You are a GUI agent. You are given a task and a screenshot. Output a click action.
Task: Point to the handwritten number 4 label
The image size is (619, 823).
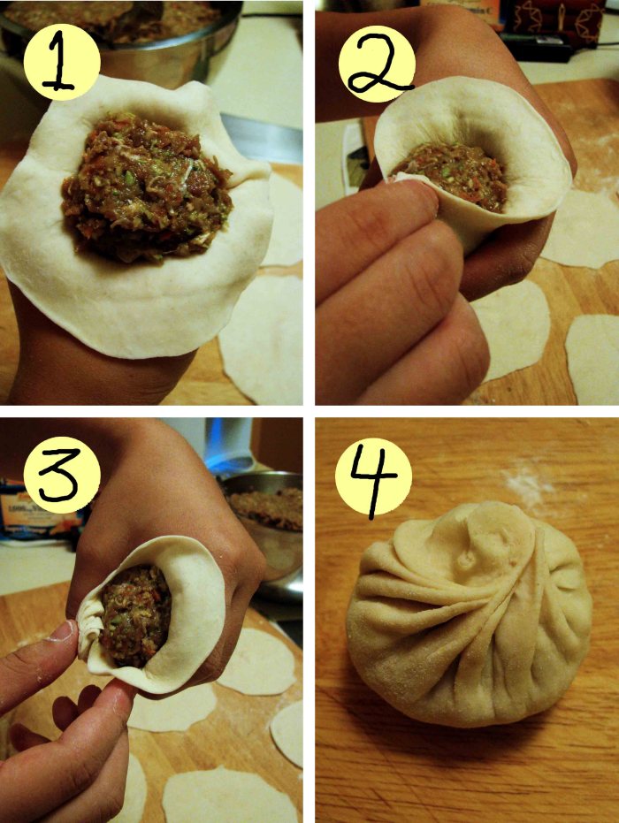[x=375, y=483]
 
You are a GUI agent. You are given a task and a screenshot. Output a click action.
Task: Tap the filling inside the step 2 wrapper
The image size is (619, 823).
[x=452, y=173]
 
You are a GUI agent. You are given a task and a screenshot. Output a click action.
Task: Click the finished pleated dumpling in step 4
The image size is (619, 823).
[x=470, y=614]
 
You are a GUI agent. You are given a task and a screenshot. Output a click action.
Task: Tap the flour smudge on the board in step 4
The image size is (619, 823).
[x=528, y=485]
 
